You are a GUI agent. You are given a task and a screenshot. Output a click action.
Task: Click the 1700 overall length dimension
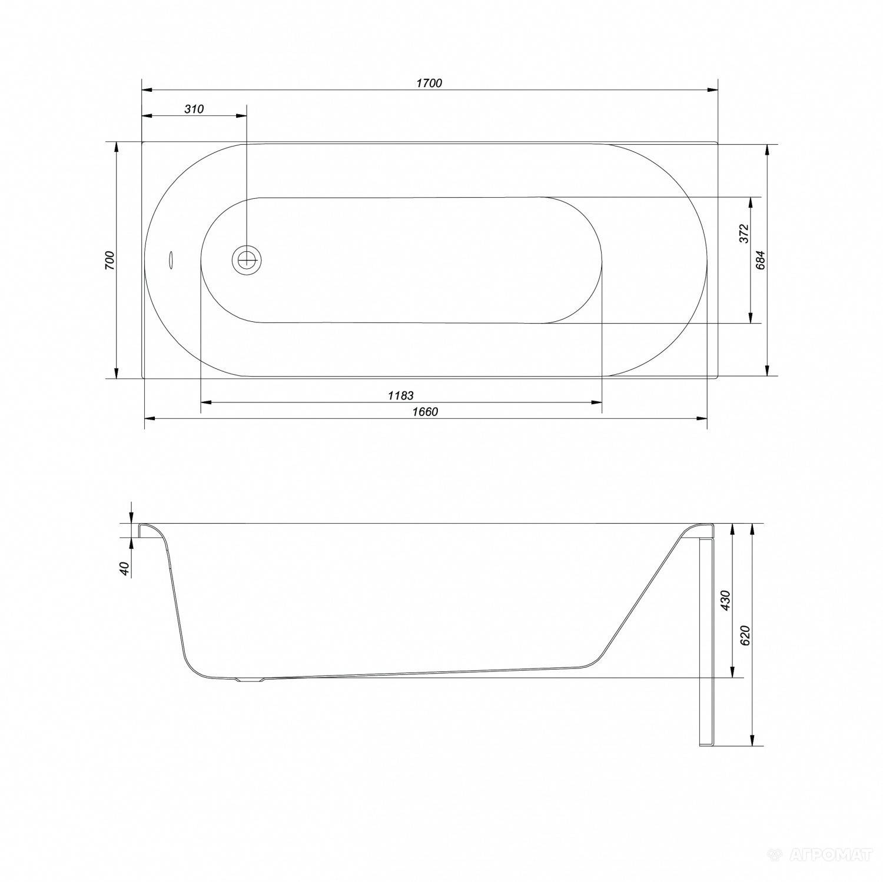429,83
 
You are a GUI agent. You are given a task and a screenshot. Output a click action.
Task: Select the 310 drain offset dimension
194,109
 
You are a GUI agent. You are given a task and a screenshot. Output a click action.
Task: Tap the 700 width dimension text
109,260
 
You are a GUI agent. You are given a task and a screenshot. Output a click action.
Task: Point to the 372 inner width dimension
743,234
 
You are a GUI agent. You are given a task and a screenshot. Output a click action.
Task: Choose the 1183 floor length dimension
400,395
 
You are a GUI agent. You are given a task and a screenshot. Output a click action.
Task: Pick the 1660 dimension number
424,412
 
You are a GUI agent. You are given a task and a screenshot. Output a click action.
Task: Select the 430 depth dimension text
726,600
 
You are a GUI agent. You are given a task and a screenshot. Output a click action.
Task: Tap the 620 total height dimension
745,635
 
